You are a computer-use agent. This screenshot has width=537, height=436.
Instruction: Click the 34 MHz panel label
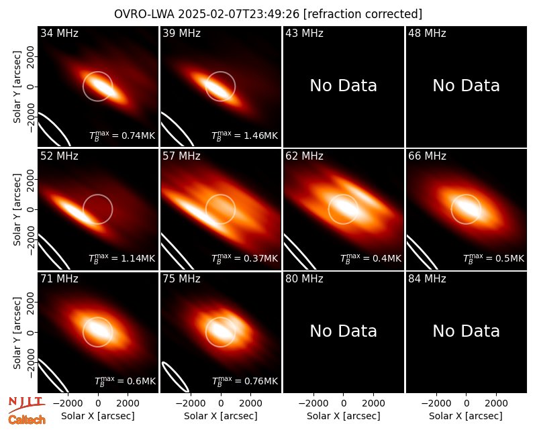(59, 33)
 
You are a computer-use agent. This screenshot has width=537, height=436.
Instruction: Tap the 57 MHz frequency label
(181, 156)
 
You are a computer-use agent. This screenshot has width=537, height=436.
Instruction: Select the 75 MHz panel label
(181, 279)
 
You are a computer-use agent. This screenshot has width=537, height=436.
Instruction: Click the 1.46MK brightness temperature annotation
(245, 136)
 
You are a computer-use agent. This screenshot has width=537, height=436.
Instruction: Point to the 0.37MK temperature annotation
(245, 258)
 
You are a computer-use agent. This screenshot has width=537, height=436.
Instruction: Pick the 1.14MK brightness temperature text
(122, 258)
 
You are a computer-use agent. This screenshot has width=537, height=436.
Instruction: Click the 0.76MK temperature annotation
(245, 381)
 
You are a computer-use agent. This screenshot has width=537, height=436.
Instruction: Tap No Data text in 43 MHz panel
(344, 86)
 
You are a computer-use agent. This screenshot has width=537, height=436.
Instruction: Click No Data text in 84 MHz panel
(466, 331)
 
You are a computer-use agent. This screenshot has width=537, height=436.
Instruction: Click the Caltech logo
(27, 420)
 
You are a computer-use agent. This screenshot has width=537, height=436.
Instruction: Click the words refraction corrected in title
(362, 14)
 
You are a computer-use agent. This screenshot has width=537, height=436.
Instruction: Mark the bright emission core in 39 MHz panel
(216, 88)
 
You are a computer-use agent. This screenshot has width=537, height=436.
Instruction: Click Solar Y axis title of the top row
(17, 87)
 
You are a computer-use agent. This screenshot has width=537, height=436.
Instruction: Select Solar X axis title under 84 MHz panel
(466, 416)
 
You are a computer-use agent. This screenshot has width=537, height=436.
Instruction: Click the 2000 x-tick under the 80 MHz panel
(373, 404)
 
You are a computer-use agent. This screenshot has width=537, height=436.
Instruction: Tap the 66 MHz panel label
(427, 156)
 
